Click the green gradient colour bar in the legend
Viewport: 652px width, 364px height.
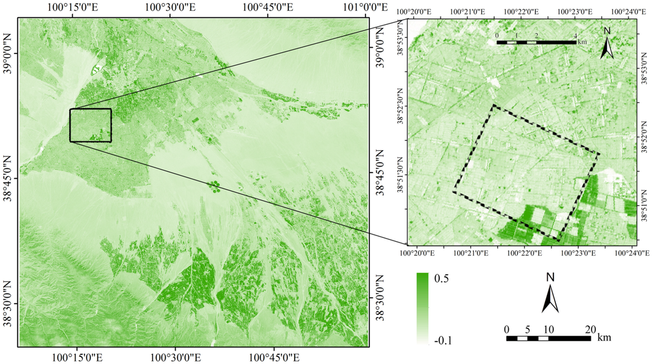(422, 308)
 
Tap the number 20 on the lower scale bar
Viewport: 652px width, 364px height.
(590, 329)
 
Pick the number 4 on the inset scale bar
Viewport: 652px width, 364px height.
(576, 35)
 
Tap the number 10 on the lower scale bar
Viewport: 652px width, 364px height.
(548, 329)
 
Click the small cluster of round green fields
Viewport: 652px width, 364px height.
(214, 186)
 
